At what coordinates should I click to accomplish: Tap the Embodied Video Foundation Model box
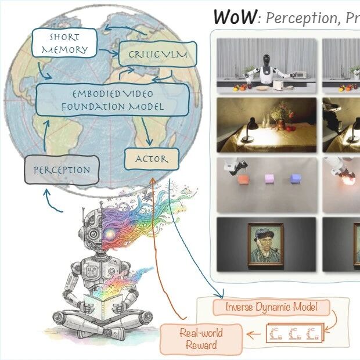tap(113, 99)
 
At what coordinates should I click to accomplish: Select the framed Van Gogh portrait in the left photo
tap(266, 244)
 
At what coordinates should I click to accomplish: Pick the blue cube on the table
tap(296, 178)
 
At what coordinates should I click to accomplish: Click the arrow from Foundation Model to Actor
tap(147, 133)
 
